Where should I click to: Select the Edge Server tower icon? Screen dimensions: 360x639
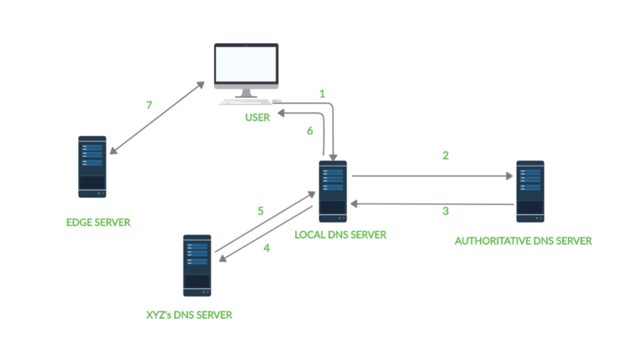[x=92, y=167]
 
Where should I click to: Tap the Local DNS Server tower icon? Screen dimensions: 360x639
[x=333, y=191]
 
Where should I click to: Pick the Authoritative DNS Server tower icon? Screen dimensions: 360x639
[x=530, y=191]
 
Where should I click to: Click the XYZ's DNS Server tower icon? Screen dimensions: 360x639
[x=197, y=265]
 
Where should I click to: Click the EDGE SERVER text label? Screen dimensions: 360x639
[x=99, y=222]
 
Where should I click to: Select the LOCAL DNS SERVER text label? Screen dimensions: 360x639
[x=341, y=235]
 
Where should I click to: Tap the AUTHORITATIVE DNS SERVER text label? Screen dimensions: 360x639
[x=523, y=241]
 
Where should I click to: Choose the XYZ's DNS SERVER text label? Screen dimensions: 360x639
[x=188, y=315]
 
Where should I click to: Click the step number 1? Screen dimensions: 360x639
[x=322, y=94]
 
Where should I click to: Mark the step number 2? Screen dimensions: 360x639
[x=446, y=155]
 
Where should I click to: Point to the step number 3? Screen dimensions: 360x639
[x=446, y=211]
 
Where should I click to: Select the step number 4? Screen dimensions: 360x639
[x=266, y=248]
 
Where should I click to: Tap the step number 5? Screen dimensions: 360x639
[x=261, y=211]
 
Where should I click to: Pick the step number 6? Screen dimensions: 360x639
[x=308, y=131]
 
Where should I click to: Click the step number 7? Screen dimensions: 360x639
[x=149, y=105]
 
